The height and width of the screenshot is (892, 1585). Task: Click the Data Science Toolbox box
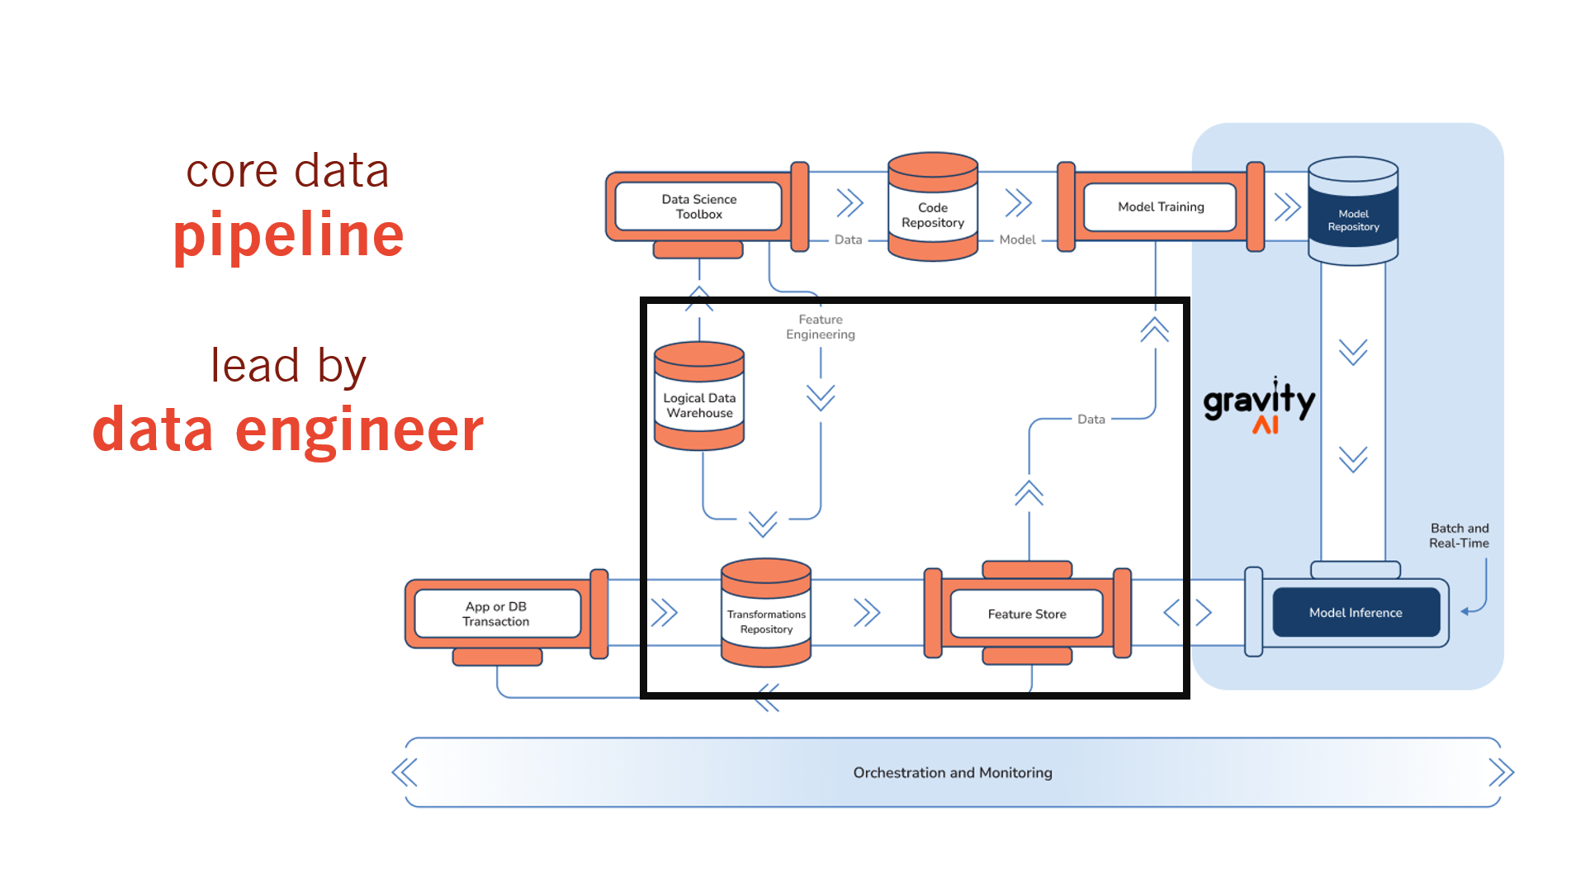click(x=698, y=206)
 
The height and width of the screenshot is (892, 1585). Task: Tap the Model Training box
click(x=1160, y=206)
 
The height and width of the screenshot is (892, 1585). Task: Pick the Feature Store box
click(x=1027, y=614)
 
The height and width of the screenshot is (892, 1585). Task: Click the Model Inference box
click(x=1356, y=612)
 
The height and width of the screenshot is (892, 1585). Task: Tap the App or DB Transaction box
click(x=496, y=614)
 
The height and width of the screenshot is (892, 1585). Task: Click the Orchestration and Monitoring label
click(x=953, y=772)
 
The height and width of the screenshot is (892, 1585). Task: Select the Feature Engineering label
click(x=821, y=327)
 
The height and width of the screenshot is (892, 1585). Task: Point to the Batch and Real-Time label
click(x=1459, y=535)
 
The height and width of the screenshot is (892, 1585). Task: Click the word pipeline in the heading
click(x=288, y=236)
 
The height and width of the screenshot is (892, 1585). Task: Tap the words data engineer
click(x=288, y=430)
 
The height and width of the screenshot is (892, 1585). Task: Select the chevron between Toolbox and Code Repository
click(x=849, y=202)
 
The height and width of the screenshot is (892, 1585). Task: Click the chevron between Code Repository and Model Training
click(x=1019, y=202)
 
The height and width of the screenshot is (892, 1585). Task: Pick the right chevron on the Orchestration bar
click(x=1501, y=772)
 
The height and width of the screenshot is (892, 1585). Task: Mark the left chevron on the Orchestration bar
click(x=405, y=772)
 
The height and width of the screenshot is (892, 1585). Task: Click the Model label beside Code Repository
click(x=1017, y=240)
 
